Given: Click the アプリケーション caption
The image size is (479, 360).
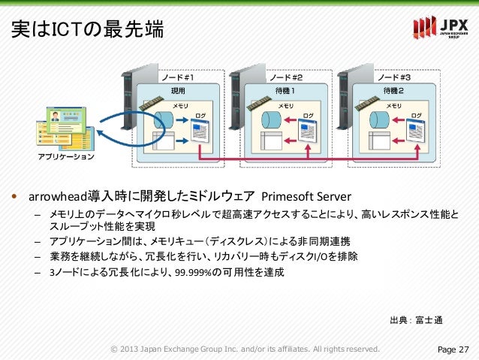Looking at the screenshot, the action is coord(67,157).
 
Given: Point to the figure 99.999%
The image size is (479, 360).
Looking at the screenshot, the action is coord(193,271).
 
